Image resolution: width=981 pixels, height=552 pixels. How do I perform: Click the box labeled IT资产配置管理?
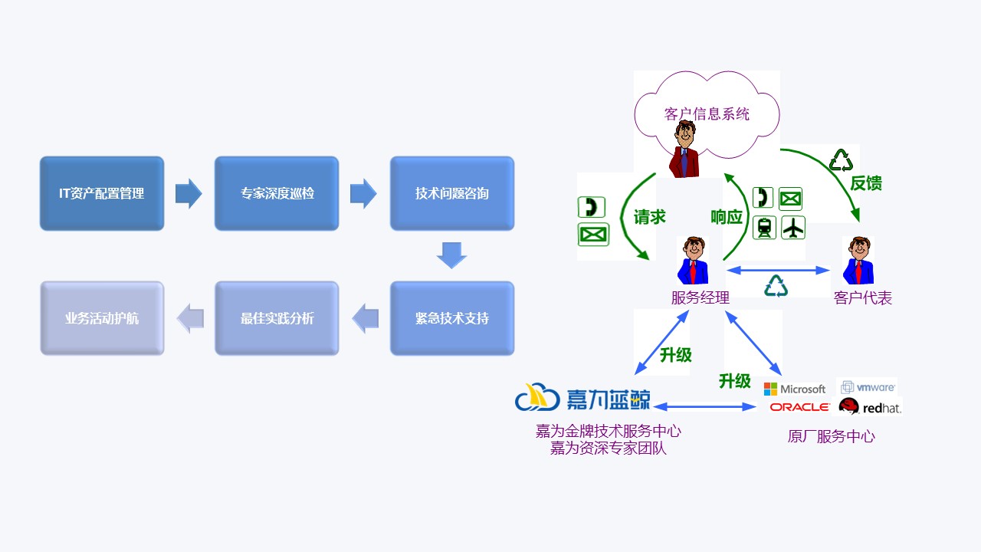tap(102, 193)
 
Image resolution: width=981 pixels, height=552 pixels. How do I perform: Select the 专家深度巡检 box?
tap(277, 193)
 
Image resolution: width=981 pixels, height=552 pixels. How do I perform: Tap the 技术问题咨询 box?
tap(452, 193)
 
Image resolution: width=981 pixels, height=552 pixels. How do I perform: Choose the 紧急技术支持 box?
tap(452, 318)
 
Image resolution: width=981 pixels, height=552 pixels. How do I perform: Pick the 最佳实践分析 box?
tap(277, 318)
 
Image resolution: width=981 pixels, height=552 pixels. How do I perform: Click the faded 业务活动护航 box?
tap(102, 318)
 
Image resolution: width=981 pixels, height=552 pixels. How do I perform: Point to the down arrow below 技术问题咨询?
tap(451, 255)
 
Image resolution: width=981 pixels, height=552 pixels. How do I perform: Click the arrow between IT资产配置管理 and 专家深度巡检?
tap(189, 193)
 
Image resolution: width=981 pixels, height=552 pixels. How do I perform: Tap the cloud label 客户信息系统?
tap(706, 114)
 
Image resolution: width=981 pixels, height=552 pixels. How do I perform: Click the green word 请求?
tap(649, 217)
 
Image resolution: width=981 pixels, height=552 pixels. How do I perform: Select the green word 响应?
tap(726, 217)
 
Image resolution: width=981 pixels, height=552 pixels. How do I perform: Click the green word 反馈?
tap(866, 183)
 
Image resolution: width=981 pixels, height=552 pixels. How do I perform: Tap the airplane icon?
tap(793, 228)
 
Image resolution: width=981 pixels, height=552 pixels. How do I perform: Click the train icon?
tap(764, 228)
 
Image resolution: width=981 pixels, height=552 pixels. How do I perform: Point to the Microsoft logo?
tap(795, 389)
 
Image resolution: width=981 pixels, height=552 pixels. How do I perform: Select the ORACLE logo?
tap(799, 407)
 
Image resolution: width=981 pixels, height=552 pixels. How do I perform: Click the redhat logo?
tap(870, 407)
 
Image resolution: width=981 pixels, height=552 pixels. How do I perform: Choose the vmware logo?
tap(868, 387)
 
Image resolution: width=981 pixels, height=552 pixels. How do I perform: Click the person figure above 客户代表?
tap(858, 261)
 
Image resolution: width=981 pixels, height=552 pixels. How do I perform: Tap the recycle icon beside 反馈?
tap(841, 160)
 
